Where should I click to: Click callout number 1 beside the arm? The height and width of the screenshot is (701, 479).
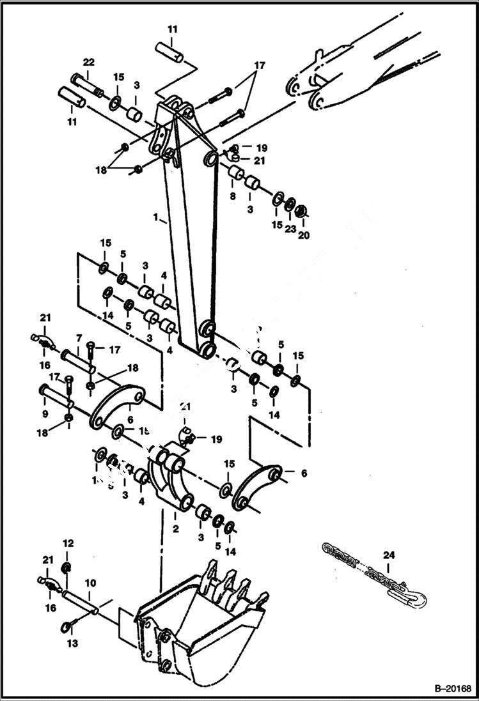(155, 218)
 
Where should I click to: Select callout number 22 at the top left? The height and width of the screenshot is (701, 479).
(88, 61)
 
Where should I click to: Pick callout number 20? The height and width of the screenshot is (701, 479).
(303, 235)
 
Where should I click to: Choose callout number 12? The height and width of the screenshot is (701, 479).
(68, 543)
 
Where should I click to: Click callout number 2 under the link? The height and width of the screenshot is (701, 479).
(175, 529)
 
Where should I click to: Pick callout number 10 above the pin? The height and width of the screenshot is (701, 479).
(91, 583)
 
